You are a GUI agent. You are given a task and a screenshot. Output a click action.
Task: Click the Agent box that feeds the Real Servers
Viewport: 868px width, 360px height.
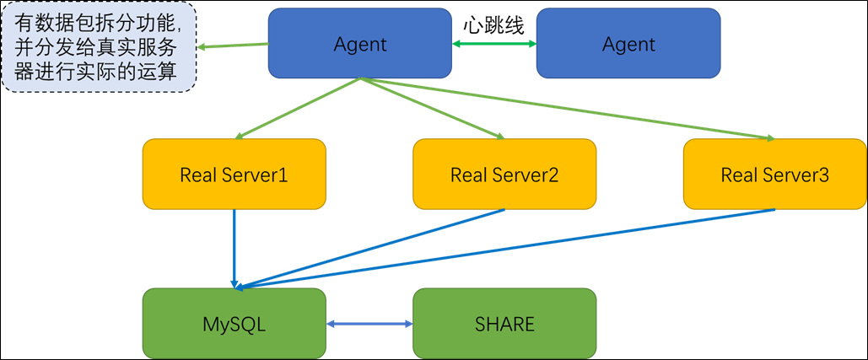click(x=359, y=44)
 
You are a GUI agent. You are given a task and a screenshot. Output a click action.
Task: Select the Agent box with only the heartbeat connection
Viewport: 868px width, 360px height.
click(x=628, y=44)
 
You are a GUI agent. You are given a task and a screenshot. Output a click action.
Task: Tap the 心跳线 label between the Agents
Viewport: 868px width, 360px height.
click(x=493, y=25)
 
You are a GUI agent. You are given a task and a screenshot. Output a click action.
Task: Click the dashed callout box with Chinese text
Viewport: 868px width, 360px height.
click(x=99, y=47)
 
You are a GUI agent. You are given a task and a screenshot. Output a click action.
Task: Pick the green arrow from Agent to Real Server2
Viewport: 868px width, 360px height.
click(x=432, y=108)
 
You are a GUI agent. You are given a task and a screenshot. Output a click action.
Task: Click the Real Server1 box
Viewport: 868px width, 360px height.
click(x=234, y=175)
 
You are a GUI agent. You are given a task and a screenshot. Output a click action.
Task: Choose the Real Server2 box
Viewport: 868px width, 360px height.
click(x=504, y=175)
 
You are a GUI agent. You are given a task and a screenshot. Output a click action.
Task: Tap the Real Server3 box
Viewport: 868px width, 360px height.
click(x=774, y=175)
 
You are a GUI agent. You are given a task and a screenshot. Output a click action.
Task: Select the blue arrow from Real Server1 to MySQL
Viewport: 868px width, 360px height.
click(x=235, y=249)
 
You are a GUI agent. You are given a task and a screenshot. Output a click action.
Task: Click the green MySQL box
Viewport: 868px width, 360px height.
click(x=234, y=324)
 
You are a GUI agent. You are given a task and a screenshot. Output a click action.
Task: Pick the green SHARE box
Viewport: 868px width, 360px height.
click(x=504, y=324)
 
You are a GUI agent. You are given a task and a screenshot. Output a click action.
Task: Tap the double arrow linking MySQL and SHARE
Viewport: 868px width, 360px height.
click(x=369, y=324)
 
